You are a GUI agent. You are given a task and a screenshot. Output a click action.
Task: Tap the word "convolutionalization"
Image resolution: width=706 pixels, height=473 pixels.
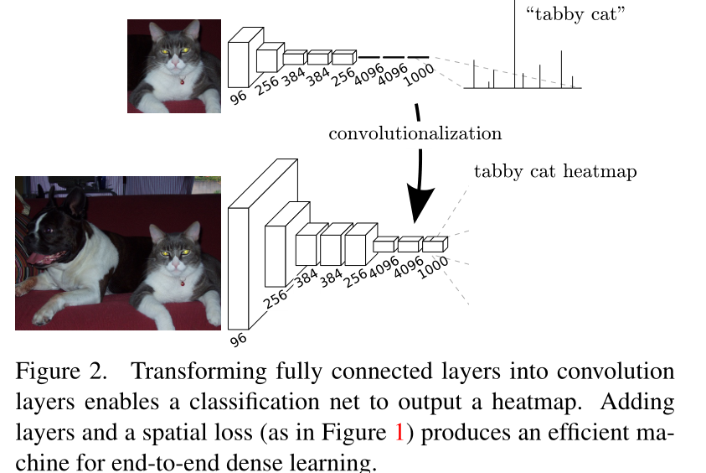click(415, 133)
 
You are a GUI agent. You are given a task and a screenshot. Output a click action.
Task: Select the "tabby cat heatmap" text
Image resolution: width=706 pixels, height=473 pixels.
click(555, 172)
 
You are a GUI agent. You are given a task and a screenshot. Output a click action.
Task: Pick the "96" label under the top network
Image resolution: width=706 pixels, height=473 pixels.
click(239, 96)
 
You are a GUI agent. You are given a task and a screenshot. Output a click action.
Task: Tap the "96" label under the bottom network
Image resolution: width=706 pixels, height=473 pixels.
click(239, 340)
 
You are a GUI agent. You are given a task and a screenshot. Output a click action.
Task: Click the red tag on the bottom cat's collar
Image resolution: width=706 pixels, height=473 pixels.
click(183, 282)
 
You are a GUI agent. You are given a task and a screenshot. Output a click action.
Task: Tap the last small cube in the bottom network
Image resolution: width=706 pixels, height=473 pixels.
click(434, 245)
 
